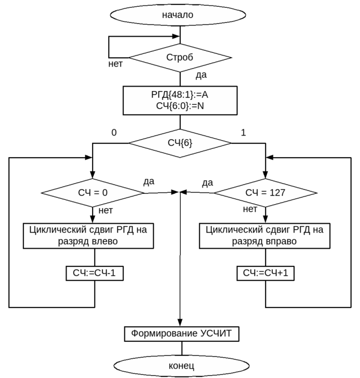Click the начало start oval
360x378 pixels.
[x=178, y=15]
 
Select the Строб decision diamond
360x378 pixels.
[x=180, y=58]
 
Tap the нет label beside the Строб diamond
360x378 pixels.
[x=115, y=64]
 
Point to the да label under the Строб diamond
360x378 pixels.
[x=201, y=75]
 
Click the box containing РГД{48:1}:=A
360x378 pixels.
[x=180, y=100]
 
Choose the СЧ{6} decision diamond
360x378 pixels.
[x=180, y=143]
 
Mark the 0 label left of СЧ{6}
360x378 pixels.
[x=114, y=132]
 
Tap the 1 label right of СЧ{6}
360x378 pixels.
[x=243, y=132]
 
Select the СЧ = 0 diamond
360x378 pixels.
[x=93, y=193]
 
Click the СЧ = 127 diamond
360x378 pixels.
[x=265, y=193]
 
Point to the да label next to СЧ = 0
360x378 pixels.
[x=149, y=182]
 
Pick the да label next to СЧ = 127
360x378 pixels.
[x=208, y=183]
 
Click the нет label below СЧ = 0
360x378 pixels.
[x=105, y=210]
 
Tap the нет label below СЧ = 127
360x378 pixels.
[x=250, y=209]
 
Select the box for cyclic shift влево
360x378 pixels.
[x=88, y=235]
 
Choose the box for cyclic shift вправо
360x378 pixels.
[x=265, y=235]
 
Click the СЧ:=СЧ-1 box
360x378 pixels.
[x=94, y=273]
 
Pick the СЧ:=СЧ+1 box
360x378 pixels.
[x=266, y=273]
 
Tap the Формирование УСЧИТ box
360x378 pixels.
[x=181, y=334]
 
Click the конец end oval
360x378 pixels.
[x=181, y=366]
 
